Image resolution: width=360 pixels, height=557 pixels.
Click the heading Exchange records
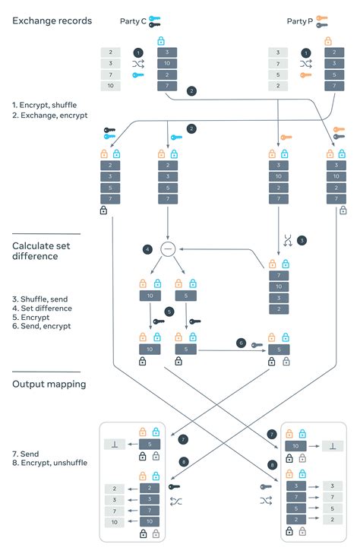pos(52,21)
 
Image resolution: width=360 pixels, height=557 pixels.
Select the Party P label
pos(300,21)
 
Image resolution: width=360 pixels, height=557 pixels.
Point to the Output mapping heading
pos(49,384)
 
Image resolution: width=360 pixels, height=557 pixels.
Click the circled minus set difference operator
pos(168,248)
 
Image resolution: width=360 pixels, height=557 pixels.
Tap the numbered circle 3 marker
pos(301,240)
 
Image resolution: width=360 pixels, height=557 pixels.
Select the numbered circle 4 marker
pos(147,248)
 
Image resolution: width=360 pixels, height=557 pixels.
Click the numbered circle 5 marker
pos(169,312)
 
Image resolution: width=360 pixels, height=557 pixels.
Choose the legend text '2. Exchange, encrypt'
pos(50,116)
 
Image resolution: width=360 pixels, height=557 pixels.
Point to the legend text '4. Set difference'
pos(43,309)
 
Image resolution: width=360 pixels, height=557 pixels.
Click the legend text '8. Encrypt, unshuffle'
pos(49,463)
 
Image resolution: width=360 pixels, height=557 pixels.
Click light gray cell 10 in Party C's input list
pos(111,87)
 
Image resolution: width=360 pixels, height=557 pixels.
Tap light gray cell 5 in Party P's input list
pos(279,75)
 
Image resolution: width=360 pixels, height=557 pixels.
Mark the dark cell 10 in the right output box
pos(295,445)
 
